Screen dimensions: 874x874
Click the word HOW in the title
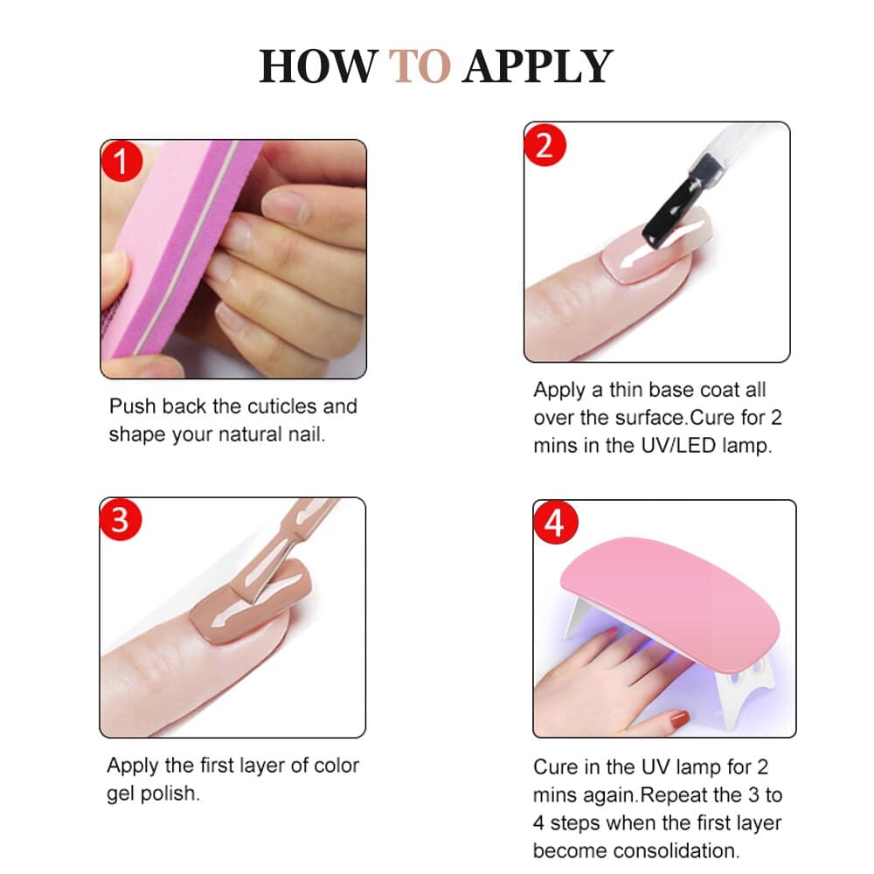pos(318,66)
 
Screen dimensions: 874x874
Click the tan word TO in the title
pos(420,66)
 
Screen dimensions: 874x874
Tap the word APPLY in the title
pos(538,67)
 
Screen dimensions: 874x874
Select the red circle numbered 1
pos(122,161)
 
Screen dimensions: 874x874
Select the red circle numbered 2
pos(545,145)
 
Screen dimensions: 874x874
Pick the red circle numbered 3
pos(121,519)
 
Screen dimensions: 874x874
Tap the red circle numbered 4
pos(555,523)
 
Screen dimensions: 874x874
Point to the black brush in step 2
pos(683,202)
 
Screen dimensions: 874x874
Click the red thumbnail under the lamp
pos(680,719)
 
